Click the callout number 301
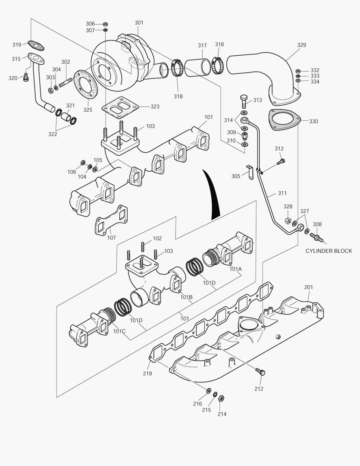click(139, 22)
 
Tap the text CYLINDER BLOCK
click(329, 251)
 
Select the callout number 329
click(301, 45)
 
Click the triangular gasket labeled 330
click(284, 120)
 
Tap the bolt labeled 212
click(260, 372)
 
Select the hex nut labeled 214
click(221, 398)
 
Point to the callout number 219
click(147, 374)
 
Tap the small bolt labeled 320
click(25, 78)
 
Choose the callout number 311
click(282, 193)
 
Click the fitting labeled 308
click(317, 237)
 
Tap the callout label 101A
click(235, 269)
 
